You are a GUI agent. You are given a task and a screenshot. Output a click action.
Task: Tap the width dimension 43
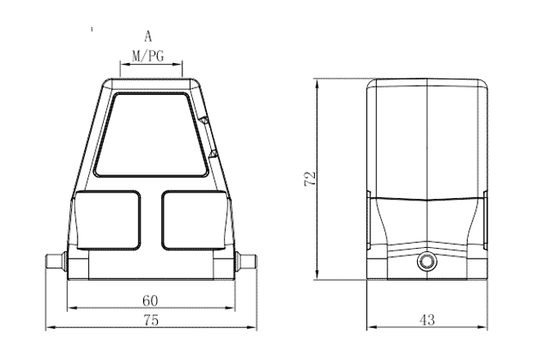[x=427, y=321]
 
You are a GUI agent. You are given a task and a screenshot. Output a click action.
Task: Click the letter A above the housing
[x=148, y=36]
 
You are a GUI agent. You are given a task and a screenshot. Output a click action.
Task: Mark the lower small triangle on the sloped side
[x=214, y=153]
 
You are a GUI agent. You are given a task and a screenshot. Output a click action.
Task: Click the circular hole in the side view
[x=427, y=263]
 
